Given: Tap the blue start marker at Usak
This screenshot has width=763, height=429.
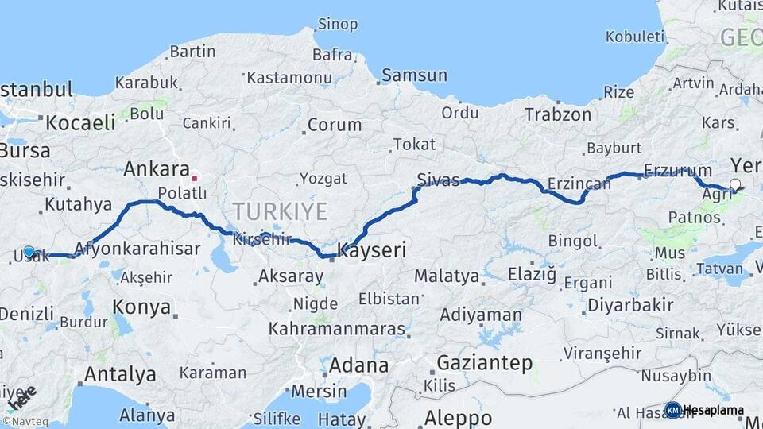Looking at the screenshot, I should [x=29, y=252].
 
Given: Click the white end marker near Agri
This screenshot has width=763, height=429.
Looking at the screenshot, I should [x=735, y=185].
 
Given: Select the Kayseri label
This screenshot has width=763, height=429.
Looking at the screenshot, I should [x=372, y=250].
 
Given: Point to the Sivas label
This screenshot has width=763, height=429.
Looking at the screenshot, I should [x=438, y=180].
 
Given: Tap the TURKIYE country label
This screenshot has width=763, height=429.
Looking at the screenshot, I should [x=280, y=211].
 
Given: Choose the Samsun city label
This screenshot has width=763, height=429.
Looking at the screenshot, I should [x=414, y=75].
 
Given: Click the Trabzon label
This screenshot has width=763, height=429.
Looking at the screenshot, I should [x=557, y=114].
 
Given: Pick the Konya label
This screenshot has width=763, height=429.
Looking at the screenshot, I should [x=141, y=307].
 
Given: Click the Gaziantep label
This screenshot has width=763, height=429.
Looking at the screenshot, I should [x=484, y=364].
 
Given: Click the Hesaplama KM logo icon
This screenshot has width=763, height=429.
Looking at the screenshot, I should [x=672, y=411].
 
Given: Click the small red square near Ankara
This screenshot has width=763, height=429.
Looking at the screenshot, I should [x=194, y=178].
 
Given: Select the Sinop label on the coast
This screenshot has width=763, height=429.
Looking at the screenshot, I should [x=338, y=24].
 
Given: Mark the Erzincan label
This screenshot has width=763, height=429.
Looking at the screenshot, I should [x=579, y=184].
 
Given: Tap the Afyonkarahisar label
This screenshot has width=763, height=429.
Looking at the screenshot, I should [x=137, y=249].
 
